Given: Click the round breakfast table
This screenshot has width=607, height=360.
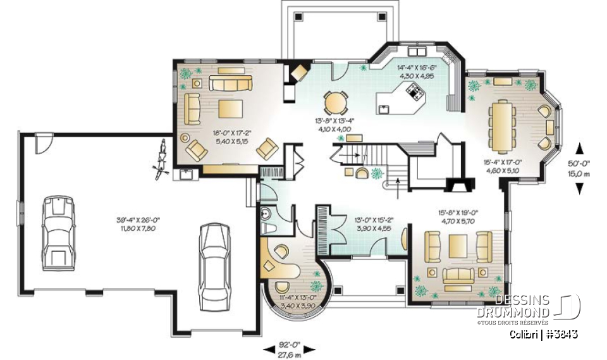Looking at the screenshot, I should click(x=335, y=102).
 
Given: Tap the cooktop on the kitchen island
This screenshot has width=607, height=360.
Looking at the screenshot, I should click(x=416, y=93).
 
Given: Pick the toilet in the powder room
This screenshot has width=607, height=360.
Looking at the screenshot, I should click(x=277, y=228).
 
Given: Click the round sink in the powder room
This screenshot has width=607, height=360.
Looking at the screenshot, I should click(x=266, y=213).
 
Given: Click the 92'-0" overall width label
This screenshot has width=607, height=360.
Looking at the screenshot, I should click(x=288, y=350).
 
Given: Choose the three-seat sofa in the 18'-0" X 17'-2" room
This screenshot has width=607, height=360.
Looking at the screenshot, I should click(x=231, y=84).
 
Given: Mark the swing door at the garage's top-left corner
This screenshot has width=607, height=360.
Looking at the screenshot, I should click(x=43, y=142).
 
